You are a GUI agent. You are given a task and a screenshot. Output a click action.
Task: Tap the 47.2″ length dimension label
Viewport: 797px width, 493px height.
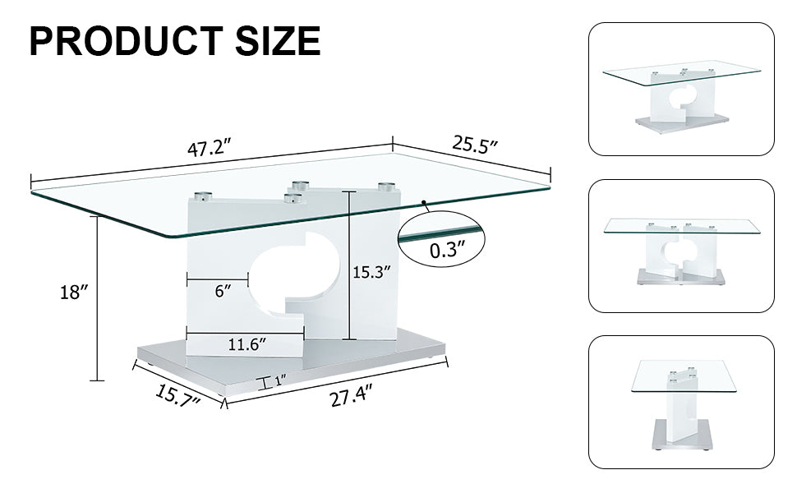209,150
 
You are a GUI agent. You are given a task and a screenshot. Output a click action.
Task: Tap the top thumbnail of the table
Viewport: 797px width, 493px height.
681,89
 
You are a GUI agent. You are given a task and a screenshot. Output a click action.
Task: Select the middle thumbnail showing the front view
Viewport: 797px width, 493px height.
681,246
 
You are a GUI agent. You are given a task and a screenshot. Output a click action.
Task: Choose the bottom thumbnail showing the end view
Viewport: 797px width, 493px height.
681,402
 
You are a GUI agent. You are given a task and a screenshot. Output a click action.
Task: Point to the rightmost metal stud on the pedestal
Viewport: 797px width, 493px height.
387,187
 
